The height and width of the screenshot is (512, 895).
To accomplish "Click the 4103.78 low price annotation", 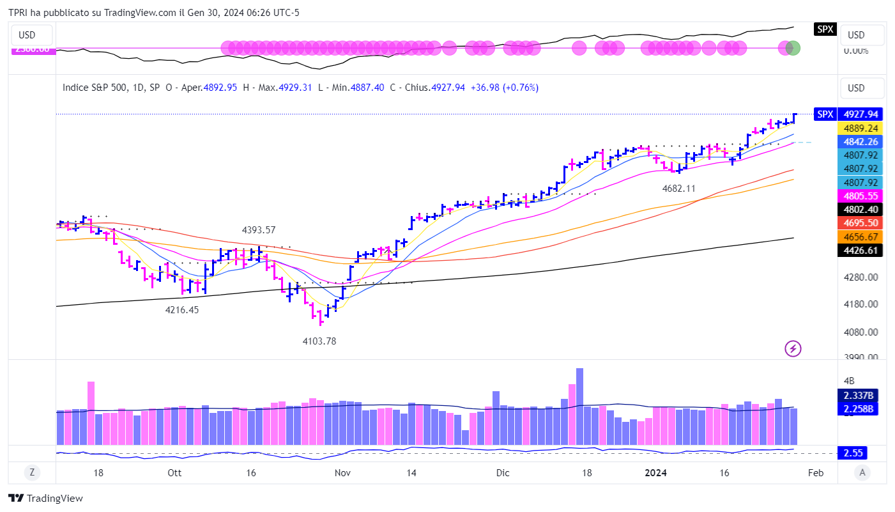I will (319, 341).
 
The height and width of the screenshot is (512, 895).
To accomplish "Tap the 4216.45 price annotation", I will (182, 310).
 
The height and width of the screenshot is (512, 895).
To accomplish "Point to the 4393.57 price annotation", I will (259, 230).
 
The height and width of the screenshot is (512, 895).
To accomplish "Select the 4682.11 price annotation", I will (678, 189).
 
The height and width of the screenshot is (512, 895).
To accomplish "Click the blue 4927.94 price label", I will (860, 114).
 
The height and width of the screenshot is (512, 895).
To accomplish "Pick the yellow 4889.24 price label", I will (860, 128).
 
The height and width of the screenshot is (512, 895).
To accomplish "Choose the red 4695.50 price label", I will (860, 222).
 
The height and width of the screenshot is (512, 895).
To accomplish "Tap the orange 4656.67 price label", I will (860, 237).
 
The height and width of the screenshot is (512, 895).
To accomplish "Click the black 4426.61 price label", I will (860, 250).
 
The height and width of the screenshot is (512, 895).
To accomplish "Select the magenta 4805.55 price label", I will (860, 196).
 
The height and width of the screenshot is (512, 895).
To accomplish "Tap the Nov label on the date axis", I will (342, 473).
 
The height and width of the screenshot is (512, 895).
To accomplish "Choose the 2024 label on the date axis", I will (656, 473).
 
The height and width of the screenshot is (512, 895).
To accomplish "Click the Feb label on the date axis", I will (815, 473).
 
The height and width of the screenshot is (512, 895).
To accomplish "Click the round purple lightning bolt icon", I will (793, 348).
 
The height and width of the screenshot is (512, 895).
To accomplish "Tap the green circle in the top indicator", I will (793, 47).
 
